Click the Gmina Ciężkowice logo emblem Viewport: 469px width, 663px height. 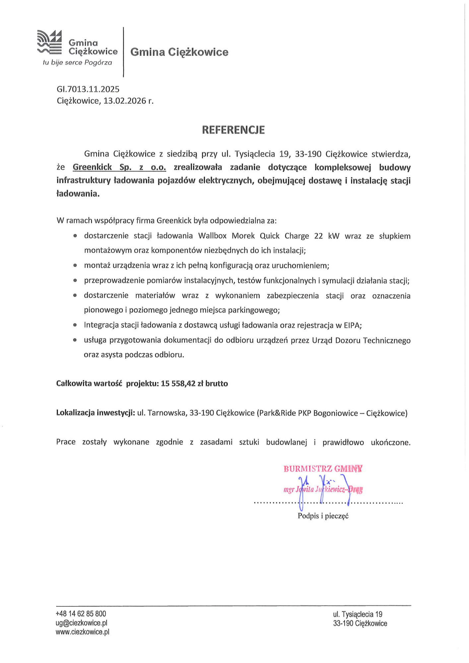[49, 42]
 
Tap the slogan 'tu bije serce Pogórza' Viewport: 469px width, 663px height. [77, 63]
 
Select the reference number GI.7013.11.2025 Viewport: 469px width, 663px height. [88, 89]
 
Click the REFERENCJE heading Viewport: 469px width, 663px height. [234, 130]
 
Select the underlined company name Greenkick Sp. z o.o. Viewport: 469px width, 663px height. [119, 167]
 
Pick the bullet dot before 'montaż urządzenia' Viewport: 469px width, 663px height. [75, 266]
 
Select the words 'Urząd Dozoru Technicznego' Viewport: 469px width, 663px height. [361, 340]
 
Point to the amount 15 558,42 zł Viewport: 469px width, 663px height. [182, 384]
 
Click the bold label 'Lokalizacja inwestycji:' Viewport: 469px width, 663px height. [96, 413]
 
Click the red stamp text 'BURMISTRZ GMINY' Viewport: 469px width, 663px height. [323, 469]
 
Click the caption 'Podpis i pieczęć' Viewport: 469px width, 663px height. [323, 516]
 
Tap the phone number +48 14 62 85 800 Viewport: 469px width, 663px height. [81, 614]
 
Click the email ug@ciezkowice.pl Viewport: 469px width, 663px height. [81, 623]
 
